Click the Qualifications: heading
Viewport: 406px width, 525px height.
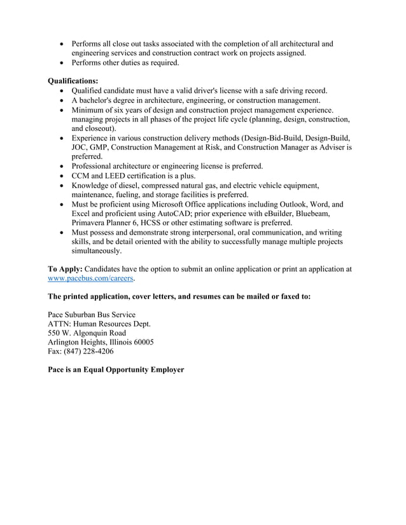point(73,81)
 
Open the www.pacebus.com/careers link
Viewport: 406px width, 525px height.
point(91,278)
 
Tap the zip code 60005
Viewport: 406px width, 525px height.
point(142,342)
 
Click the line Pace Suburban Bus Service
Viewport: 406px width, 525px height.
point(92,315)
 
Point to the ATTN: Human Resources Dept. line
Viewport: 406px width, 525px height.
point(99,324)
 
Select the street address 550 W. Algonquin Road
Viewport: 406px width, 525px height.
point(87,333)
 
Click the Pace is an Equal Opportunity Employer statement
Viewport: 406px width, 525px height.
point(116,369)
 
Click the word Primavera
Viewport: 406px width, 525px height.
point(90,223)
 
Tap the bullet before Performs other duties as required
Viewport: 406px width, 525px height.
point(61,63)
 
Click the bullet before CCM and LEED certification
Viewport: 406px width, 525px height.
point(61,175)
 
